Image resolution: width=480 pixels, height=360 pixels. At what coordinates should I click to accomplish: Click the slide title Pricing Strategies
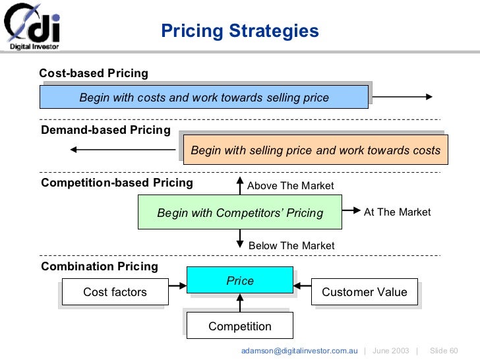(x=240, y=31)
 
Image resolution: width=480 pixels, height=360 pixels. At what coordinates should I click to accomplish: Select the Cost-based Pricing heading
(x=94, y=73)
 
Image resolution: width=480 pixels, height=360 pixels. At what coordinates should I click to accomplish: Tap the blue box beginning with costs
(x=204, y=98)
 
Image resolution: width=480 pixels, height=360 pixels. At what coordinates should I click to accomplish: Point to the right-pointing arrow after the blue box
(x=402, y=97)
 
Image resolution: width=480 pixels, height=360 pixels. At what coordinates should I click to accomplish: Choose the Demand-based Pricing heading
(x=105, y=130)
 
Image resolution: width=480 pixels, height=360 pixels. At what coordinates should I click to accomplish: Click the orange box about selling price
(x=315, y=150)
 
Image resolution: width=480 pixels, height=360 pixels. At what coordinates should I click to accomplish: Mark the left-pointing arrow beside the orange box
(x=123, y=150)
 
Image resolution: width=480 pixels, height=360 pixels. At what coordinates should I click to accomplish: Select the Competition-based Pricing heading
(x=117, y=183)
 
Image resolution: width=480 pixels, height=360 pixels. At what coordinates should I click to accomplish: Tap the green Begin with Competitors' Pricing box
(x=240, y=212)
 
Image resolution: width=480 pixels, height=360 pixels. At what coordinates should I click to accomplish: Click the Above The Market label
(x=290, y=186)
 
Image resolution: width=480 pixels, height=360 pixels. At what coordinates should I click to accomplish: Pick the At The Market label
(x=397, y=212)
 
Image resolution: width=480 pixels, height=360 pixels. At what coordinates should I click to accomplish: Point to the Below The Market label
(x=291, y=246)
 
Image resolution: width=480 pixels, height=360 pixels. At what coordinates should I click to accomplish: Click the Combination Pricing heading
(x=100, y=266)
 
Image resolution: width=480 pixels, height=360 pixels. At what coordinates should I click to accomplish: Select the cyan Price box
(x=240, y=280)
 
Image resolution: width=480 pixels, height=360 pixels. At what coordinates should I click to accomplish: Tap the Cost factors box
(x=115, y=292)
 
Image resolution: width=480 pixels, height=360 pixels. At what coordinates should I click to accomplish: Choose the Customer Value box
(x=364, y=292)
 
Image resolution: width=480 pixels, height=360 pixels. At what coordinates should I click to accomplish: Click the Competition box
(x=240, y=326)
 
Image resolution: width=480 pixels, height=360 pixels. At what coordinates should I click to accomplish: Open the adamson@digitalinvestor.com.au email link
(x=299, y=350)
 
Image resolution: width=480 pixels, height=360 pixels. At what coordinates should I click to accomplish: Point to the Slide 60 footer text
(x=443, y=350)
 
